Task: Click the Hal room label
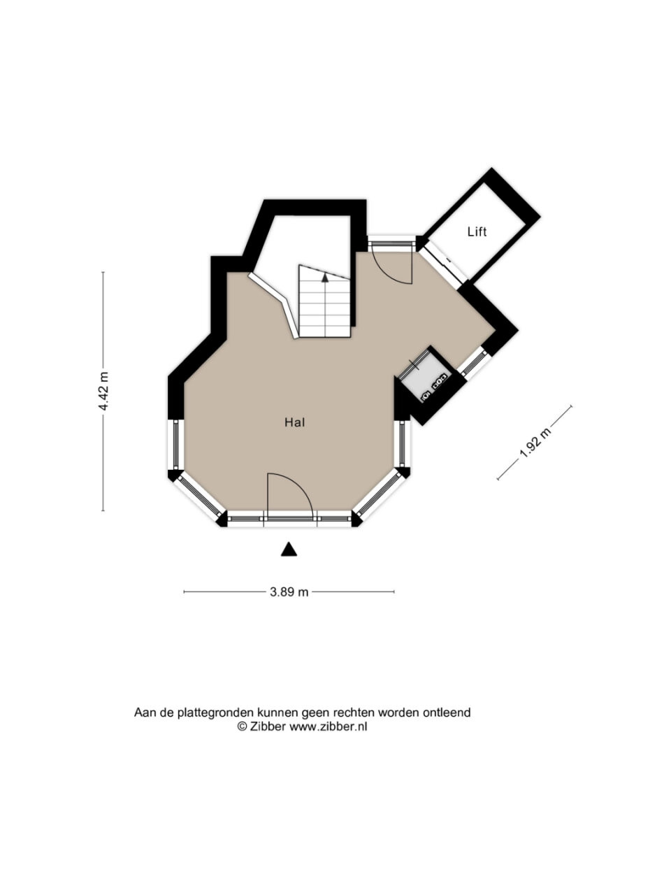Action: tap(294, 422)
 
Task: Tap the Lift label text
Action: tap(477, 232)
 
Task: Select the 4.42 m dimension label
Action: tap(105, 391)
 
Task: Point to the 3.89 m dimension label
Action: tap(289, 592)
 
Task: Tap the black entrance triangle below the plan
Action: tap(289, 549)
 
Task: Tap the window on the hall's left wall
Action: tap(175, 445)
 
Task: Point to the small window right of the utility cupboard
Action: tap(474, 361)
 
